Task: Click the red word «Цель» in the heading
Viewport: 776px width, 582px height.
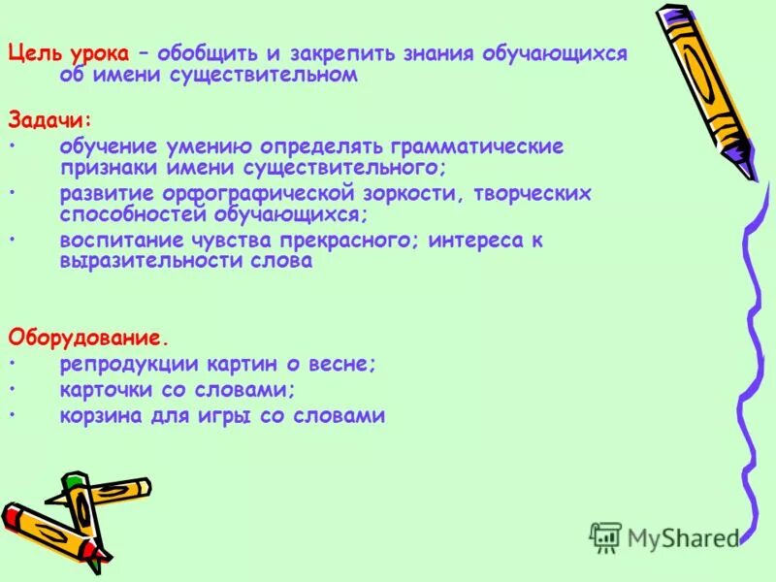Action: point(32,54)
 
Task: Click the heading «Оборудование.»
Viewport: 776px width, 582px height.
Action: point(88,338)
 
